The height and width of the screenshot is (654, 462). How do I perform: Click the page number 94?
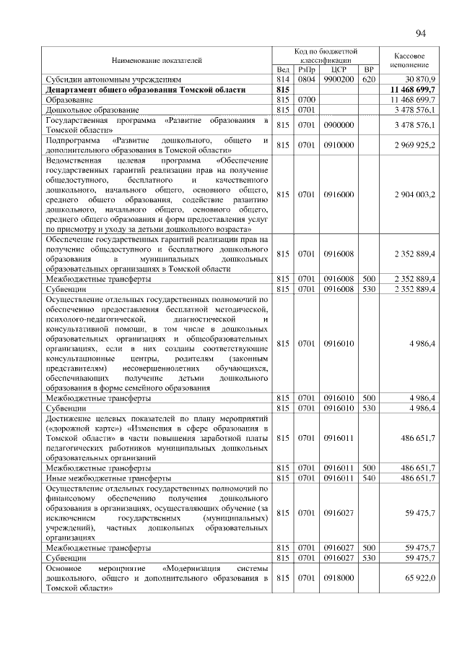tap(422, 33)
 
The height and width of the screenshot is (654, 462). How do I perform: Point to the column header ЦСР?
tap(339, 69)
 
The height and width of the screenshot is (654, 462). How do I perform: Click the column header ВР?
tap(369, 69)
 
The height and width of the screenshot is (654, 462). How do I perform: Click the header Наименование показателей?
tap(157, 60)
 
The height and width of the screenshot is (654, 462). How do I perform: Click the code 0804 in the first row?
tap(308, 78)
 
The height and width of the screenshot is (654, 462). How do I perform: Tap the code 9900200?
tap(339, 78)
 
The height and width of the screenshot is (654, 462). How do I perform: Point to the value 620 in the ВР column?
tap(369, 78)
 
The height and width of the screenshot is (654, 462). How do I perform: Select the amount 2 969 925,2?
tap(414, 145)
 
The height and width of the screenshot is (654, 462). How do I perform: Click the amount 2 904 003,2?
tap(414, 194)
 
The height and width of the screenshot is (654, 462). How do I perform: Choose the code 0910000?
tap(339, 145)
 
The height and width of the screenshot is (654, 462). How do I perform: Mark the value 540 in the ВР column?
tap(369, 478)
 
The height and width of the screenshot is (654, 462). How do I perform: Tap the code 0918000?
tap(339, 579)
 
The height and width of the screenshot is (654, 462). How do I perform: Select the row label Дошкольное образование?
tap(82, 108)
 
